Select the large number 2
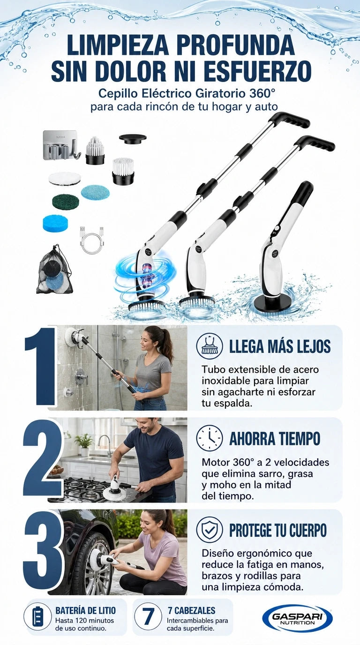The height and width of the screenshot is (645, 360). pyautogui.click(x=42, y=458)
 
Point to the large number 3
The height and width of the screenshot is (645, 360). pyautogui.click(x=43, y=551)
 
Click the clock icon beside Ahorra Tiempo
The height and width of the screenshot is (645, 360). pyautogui.click(x=210, y=438)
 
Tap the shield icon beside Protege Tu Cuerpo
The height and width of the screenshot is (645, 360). pyautogui.click(x=210, y=529)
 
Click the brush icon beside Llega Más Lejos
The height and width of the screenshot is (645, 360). pyautogui.click(x=210, y=346)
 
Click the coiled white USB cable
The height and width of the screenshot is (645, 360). pyautogui.click(x=91, y=240)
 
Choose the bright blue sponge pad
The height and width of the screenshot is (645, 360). pyautogui.click(x=56, y=224)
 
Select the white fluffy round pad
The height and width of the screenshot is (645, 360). pyautogui.click(x=65, y=179)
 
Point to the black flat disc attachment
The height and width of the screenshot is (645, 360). pyautogui.click(x=133, y=138)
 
